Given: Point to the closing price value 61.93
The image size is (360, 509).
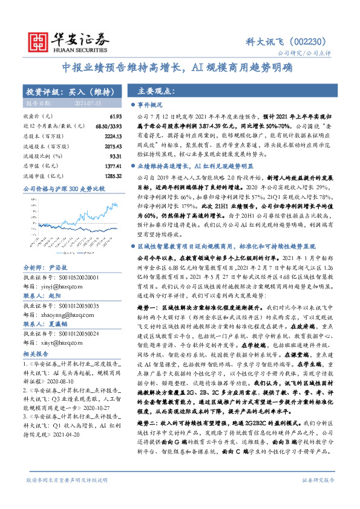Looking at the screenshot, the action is pyautogui.click(x=107, y=115).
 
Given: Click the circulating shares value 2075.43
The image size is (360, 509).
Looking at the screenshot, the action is pyautogui.click(x=103, y=146).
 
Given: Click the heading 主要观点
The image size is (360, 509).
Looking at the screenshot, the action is pyautogui.click(x=156, y=91).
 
